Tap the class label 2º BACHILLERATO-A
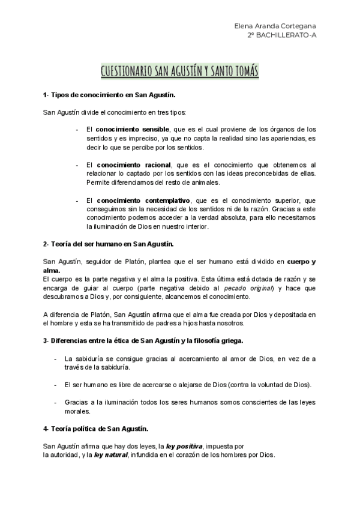283,36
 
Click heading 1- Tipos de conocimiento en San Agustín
109,95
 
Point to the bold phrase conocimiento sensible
131,129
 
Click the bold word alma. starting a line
52,271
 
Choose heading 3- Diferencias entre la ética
143,340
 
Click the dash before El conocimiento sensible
77,129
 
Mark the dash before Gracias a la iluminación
55,402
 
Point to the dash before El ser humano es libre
55,384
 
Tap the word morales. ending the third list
78,411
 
